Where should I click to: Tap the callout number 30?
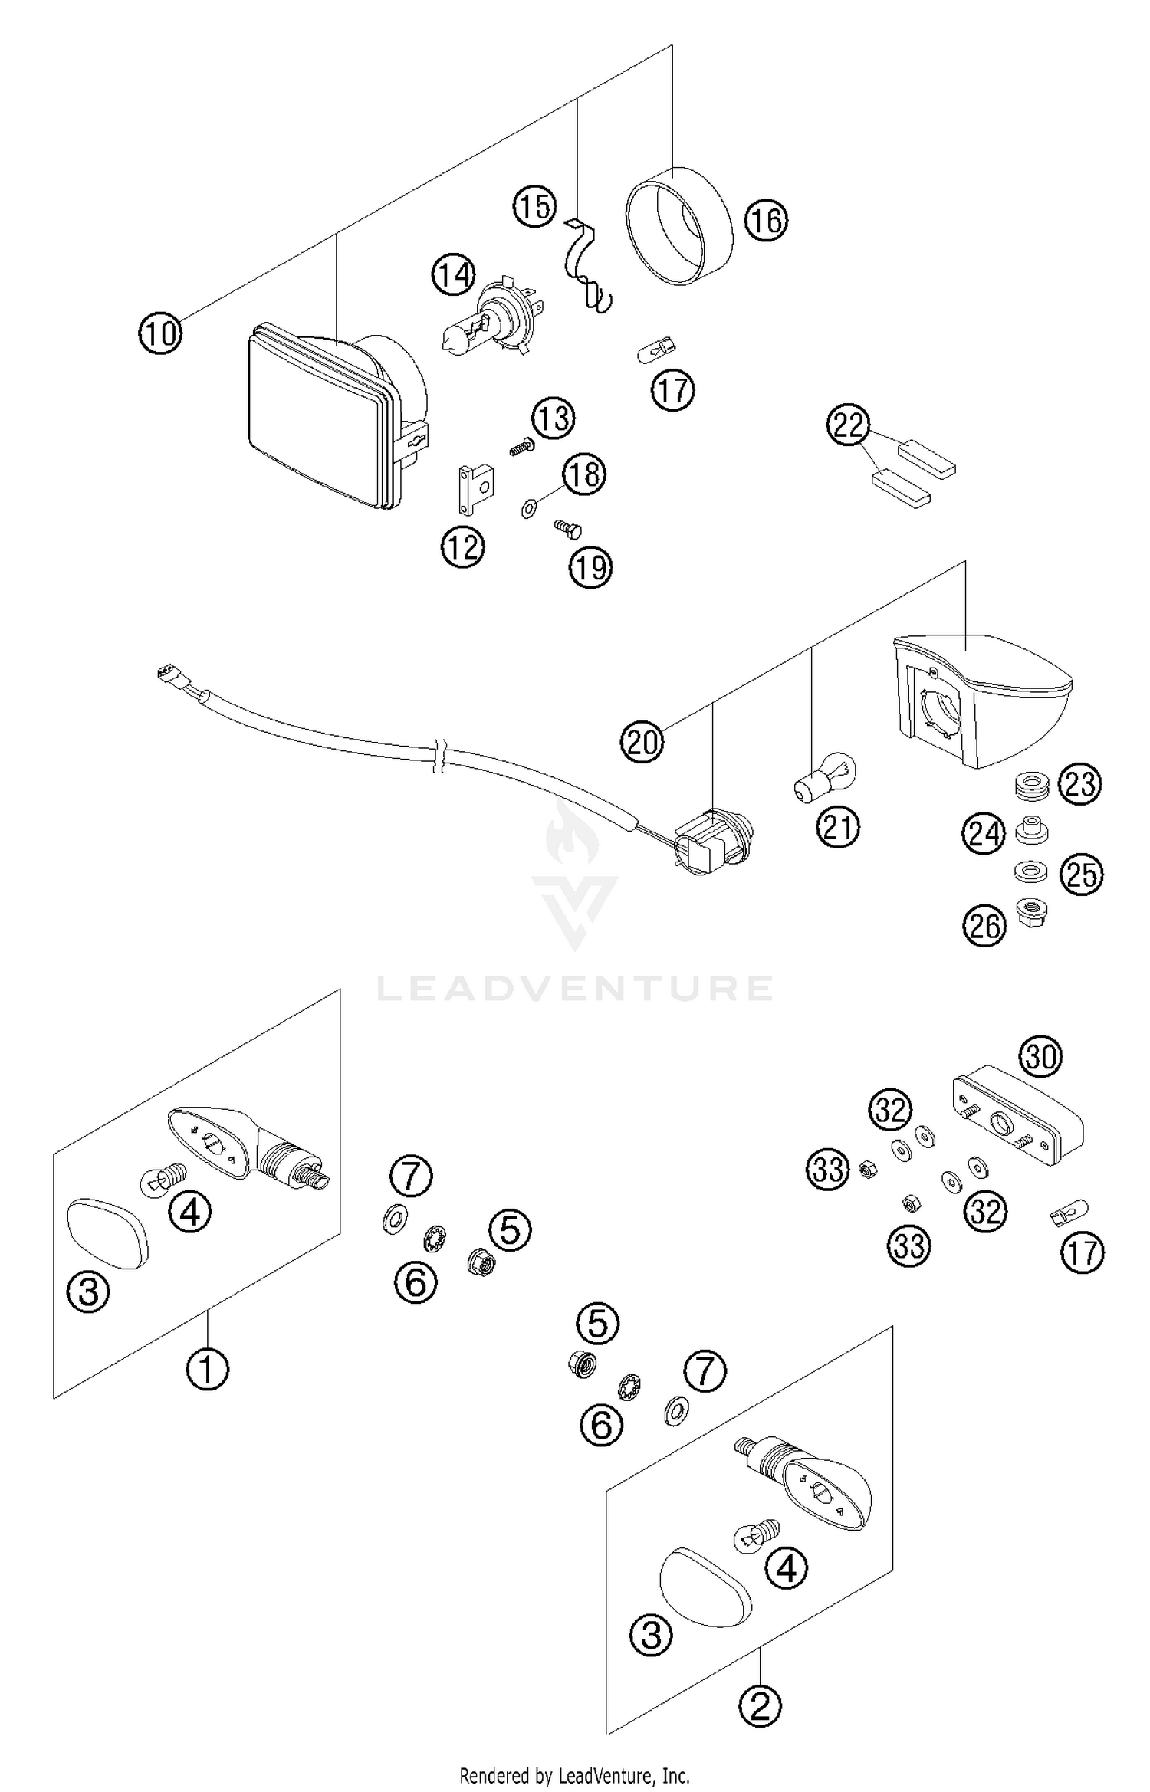coord(1040,1058)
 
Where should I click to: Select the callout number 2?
coord(760,1706)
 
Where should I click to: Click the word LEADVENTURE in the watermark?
coord(575,988)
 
